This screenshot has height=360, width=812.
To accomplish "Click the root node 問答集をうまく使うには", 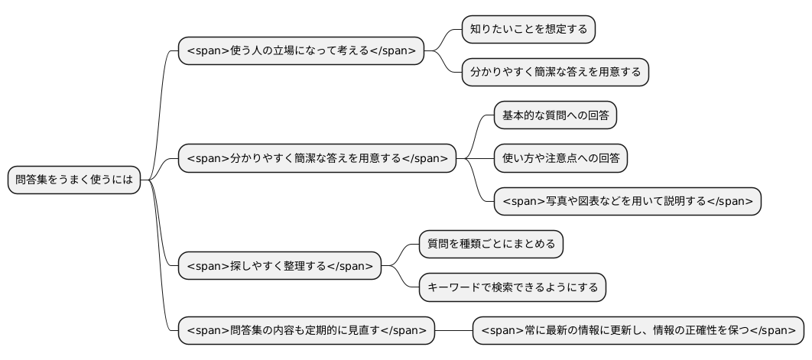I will (x=74, y=181).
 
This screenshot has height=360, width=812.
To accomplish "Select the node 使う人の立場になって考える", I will (x=300, y=51).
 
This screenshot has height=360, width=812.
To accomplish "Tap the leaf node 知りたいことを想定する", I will (x=528, y=30).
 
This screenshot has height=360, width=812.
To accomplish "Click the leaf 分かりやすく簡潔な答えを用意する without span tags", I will (x=555, y=73).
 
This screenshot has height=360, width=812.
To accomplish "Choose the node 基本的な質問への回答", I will (x=555, y=116).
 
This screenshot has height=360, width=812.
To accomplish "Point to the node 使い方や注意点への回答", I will (x=560, y=159).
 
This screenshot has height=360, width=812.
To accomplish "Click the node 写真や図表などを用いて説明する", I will (x=627, y=202).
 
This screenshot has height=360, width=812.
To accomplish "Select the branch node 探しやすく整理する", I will (x=279, y=266).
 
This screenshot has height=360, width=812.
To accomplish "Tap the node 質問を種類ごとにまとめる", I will (x=491, y=245).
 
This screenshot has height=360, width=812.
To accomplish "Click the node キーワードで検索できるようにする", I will (x=512, y=287).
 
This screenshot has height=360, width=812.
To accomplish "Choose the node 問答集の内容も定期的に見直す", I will (x=306, y=331).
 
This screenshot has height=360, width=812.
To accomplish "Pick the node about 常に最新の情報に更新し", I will (x=638, y=331).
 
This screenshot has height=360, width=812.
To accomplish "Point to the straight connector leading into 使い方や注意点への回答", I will (x=479, y=159).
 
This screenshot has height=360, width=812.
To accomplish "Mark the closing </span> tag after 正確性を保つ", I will (x=773, y=331).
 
